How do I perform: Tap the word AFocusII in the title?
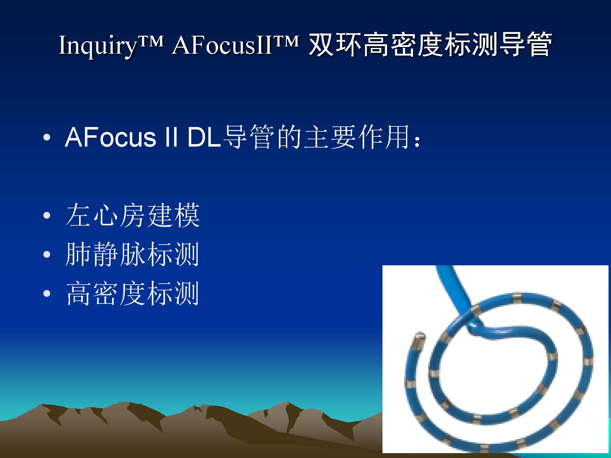[222, 45]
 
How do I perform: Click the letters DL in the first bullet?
[204, 137]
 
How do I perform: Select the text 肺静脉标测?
[132, 254]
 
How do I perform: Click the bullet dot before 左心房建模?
[47, 216]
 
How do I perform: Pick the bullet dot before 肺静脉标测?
[47, 255]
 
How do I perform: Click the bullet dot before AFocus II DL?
[47, 137]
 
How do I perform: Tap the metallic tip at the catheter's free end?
[418, 340]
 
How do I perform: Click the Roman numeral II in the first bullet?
[171, 137]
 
